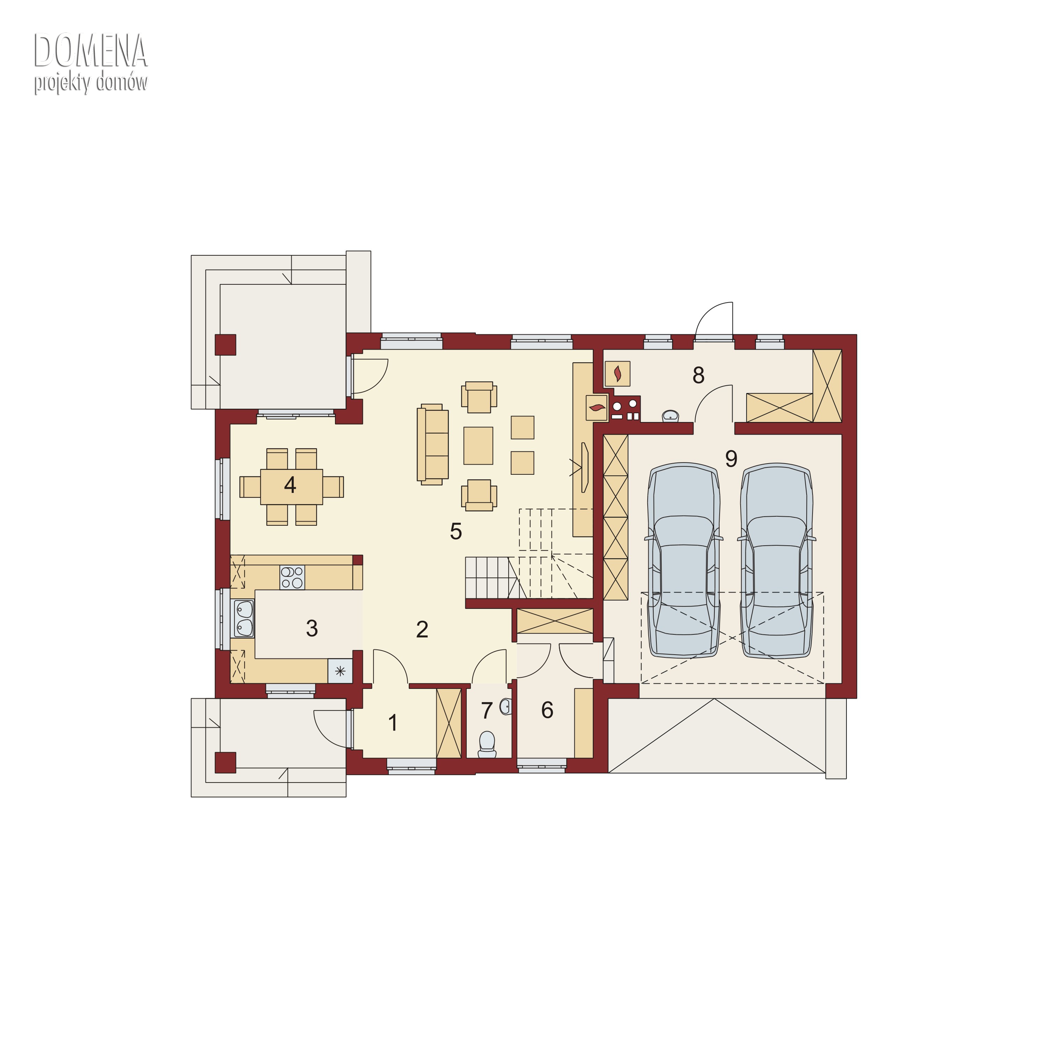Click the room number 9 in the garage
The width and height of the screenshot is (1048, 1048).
pyautogui.click(x=731, y=459)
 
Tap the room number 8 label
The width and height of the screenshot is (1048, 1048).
pyautogui.click(x=699, y=375)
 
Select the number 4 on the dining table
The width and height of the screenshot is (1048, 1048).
pyautogui.click(x=290, y=485)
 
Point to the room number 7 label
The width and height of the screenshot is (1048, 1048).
pyautogui.click(x=487, y=711)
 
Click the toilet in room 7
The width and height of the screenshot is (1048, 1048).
pyautogui.click(x=487, y=744)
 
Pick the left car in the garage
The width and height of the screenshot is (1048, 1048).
pyautogui.click(x=684, y=561)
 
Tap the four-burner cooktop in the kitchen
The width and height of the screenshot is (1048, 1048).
pyautogui.click(x=292, y=578)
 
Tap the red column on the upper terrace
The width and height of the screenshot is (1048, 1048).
pyautogui.click(x=226, y=344)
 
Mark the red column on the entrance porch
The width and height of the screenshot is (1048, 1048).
pyautogui.click(x=226, y=762)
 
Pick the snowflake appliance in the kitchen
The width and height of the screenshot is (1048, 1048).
pyautogui.click(x=340, y=671)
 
